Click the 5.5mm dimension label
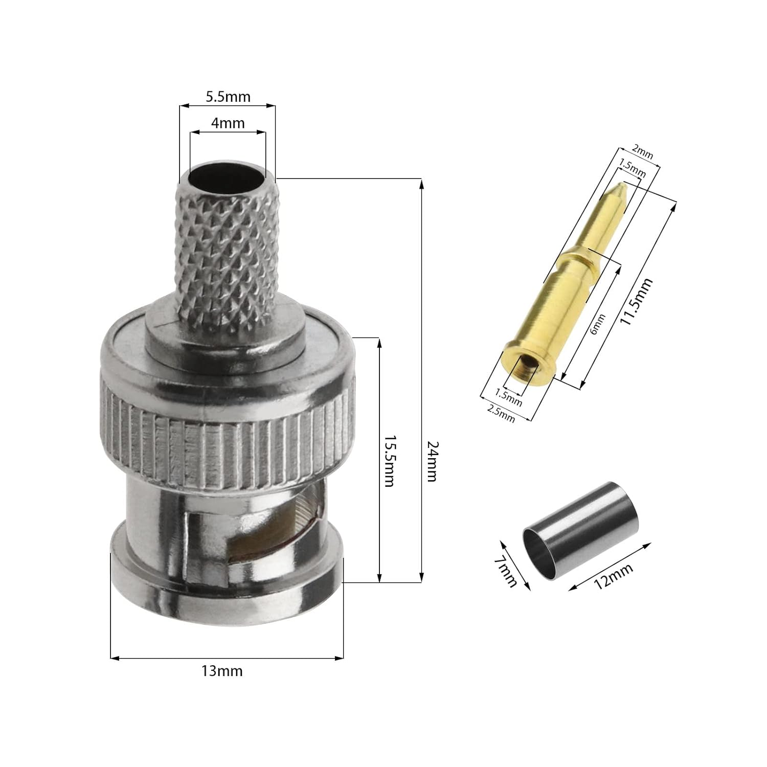click(x=228, y=96)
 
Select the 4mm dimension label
click(x=228, y=123)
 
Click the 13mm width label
click(x=221, y=671)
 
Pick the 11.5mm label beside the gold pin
click(x=636, y=302)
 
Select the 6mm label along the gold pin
click(x=597, y=324)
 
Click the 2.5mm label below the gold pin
click(x=501, y=413)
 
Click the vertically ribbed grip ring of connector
click(x=228, y=442)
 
